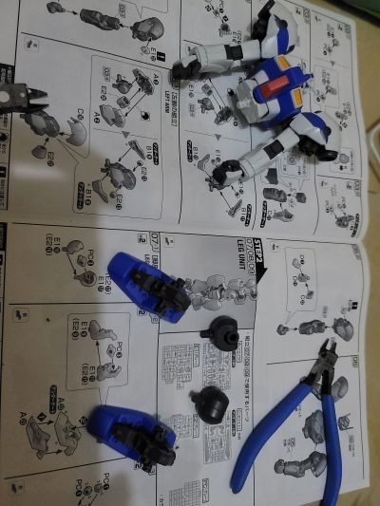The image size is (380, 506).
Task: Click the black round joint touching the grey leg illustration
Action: pyautogui.click(x=222, y=334)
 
